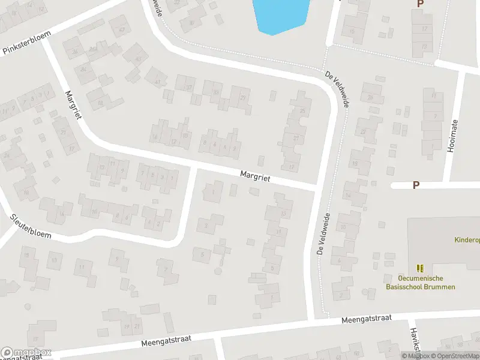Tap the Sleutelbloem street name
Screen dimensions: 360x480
click(x=31, y=226)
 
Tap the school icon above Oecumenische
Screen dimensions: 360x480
click(x=420, y=268)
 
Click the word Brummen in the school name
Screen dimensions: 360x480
click(x=437, y=287)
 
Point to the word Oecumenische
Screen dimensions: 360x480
click(x=419, y=278)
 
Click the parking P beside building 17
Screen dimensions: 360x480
click(x=420, y=4)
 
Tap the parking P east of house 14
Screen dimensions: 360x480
click(x=415, y=185)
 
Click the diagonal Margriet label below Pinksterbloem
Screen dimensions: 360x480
click(x=72, y=104)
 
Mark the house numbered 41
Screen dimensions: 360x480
click(x=158, y=82)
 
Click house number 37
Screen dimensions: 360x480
click(x=189, y=88)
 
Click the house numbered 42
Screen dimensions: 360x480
click(x=122, y=30)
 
